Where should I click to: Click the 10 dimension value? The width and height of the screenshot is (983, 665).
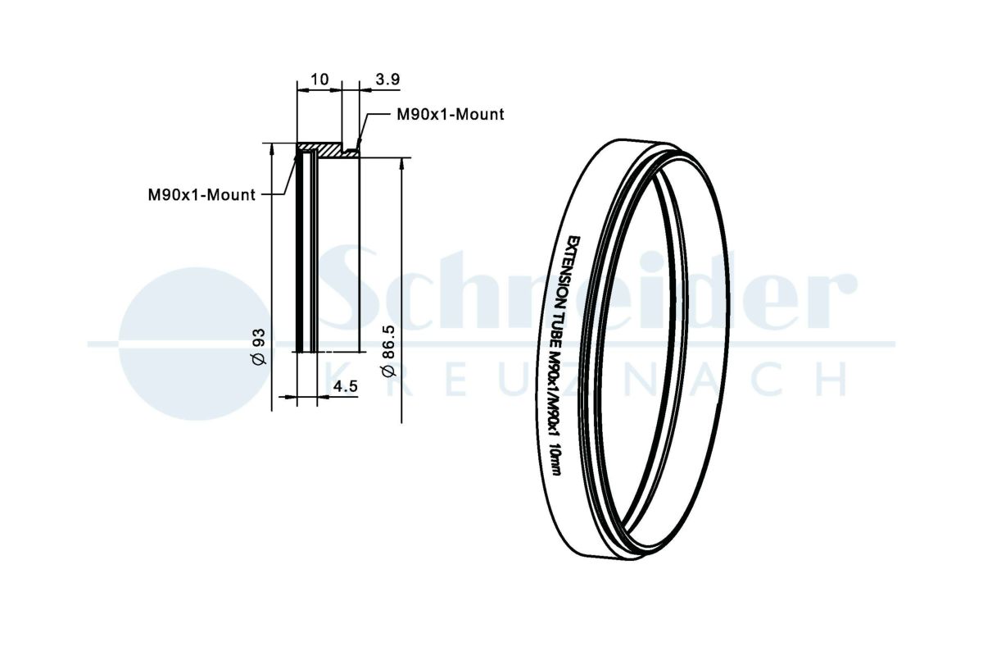pyautogui.click(x=319, y=80)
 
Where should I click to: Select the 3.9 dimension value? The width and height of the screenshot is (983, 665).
pyautogui.click(x=387, y=80)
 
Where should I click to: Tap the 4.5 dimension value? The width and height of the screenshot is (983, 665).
pyautogui.click(x=346, y=386)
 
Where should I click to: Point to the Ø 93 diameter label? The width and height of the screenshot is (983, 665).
pyautogui.click(x=259, y=346)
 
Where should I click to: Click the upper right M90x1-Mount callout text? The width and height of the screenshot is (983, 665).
pyautogui.click(x=451, y=115)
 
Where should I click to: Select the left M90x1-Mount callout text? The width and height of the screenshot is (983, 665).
pyautogui.click(x=202, y=194)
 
